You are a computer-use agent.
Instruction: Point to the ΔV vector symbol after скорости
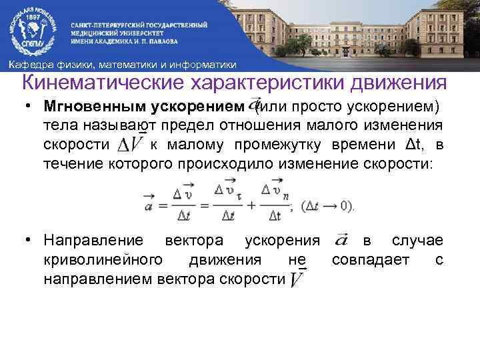click(x=131, y=144)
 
